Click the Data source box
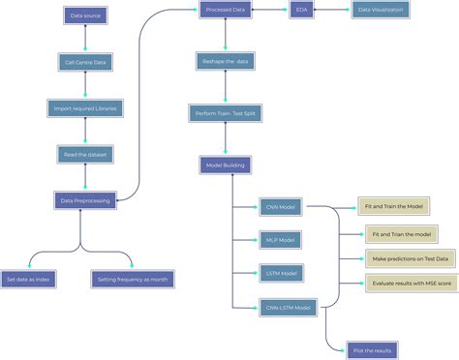point(85,15)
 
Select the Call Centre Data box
point(85,62)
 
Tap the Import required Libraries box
point(85,107)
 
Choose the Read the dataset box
point(85,154)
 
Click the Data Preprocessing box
point(85,200)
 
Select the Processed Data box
point(226,11)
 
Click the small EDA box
point(300,11)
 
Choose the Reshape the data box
point(226,61)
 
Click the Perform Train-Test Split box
point(226,113)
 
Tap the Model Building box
point(226,165)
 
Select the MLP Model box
point(281,239)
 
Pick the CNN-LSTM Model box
point(289,308)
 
